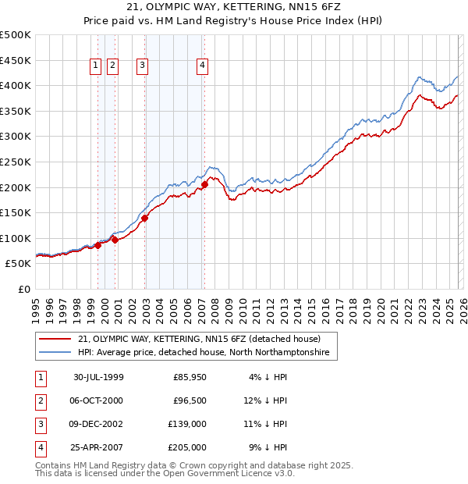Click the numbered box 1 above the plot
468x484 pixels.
coord(95,66)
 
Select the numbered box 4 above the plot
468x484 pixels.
coord(202,66)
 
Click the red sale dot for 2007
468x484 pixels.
coord(204,185)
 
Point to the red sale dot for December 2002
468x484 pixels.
coord(145,219)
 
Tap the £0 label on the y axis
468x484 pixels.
coord(24,289)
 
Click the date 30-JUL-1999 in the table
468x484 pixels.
coord(97,377)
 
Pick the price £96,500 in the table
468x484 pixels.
coord(189,400)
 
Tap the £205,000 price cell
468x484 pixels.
coord(186,447)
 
